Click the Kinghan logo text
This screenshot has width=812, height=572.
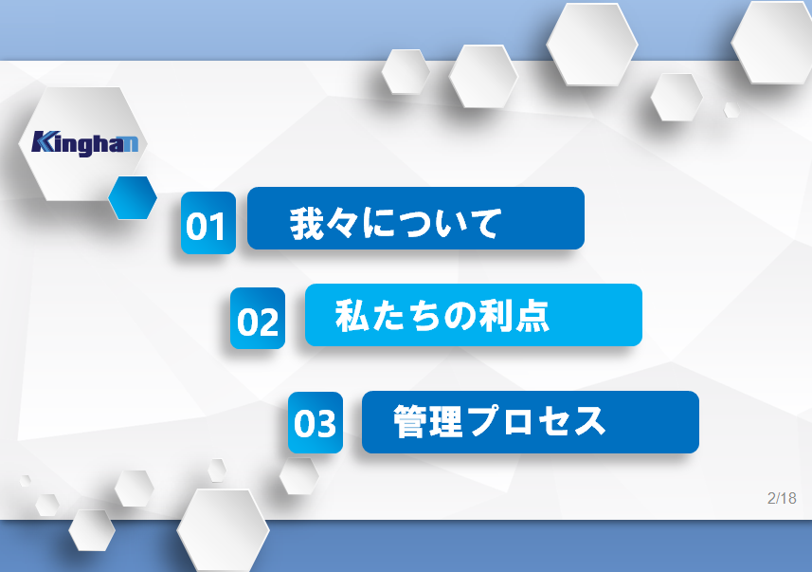click(85, 143)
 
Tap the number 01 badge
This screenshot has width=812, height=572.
click(208, 223)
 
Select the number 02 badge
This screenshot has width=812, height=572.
click(258, 319)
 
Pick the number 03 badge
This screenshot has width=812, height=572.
click(316, 423)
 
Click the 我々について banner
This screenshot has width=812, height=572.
click(416, 218)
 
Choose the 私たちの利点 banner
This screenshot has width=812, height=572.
click(474, 315)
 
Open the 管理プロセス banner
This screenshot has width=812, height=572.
click(531, 422)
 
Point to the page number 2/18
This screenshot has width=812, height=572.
click(782, 498)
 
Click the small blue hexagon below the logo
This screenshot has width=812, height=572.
click(133, 197)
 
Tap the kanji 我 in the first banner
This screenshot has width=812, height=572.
click(307, 224)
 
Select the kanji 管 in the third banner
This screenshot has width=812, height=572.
click(410, 421)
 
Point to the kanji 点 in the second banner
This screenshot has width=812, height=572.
click(532, 315)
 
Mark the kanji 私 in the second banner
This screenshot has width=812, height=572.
click(352, 315)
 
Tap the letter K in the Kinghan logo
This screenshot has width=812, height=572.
click(44, 141)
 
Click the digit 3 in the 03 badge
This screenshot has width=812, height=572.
click(326, 423)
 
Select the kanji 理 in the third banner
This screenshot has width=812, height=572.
click(445, 421)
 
